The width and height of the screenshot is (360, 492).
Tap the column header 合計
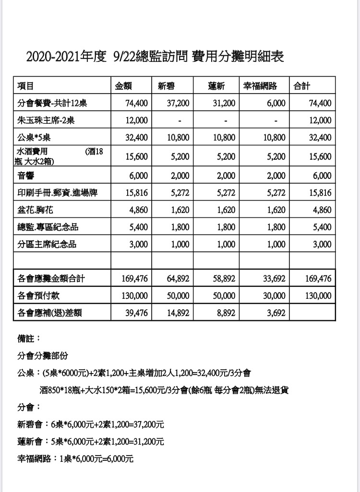click(x=302, y=86)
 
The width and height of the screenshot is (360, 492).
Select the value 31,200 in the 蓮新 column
click(x=224, y=103)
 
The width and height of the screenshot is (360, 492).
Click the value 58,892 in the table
click(x=224, y=278)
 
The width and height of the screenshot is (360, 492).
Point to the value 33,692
click(x=274, y=278)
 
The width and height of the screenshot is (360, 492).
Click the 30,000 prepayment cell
click(x=274, y=295)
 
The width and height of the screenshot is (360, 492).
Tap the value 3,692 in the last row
click(x=276, y=313)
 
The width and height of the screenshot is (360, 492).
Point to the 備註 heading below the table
click(x=28, y=340)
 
